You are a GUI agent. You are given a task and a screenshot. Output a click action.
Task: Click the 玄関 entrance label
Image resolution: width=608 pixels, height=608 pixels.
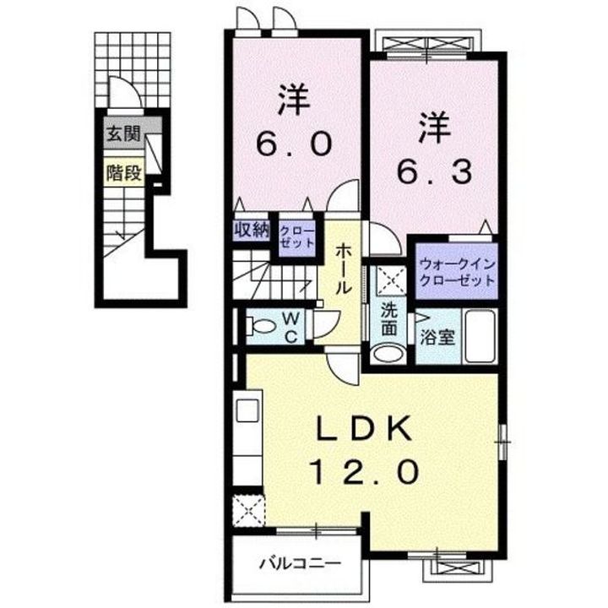123,134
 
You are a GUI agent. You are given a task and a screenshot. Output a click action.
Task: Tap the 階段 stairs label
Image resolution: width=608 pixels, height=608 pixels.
123,172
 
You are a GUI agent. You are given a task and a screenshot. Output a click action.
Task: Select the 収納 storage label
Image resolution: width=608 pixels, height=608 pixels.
252,231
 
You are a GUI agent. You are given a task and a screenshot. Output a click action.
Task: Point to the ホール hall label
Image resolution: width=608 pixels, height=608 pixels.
343,269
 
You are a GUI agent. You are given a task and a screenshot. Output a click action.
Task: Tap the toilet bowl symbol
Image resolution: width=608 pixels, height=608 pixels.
261,326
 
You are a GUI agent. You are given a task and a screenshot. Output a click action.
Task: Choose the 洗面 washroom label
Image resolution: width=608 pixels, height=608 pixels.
389,318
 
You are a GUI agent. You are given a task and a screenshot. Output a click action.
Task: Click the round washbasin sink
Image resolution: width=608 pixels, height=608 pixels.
388,353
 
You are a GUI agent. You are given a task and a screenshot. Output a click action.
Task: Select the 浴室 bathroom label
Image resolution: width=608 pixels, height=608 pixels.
437,337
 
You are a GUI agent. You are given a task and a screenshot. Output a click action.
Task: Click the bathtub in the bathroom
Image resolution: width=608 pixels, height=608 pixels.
480,336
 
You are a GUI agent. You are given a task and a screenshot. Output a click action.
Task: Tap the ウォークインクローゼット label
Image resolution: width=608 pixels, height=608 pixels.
457,272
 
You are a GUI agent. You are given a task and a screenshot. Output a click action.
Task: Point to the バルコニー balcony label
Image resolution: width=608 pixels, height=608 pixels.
300,563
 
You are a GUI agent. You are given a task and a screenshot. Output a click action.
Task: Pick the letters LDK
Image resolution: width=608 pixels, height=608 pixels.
364,428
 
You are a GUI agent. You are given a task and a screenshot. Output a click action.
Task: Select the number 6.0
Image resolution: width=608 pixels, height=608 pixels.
294,143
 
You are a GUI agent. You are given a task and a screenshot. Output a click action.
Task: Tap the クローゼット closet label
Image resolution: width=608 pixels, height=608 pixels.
296,236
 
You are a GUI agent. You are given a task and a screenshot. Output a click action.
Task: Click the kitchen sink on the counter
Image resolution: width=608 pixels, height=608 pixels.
247,410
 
